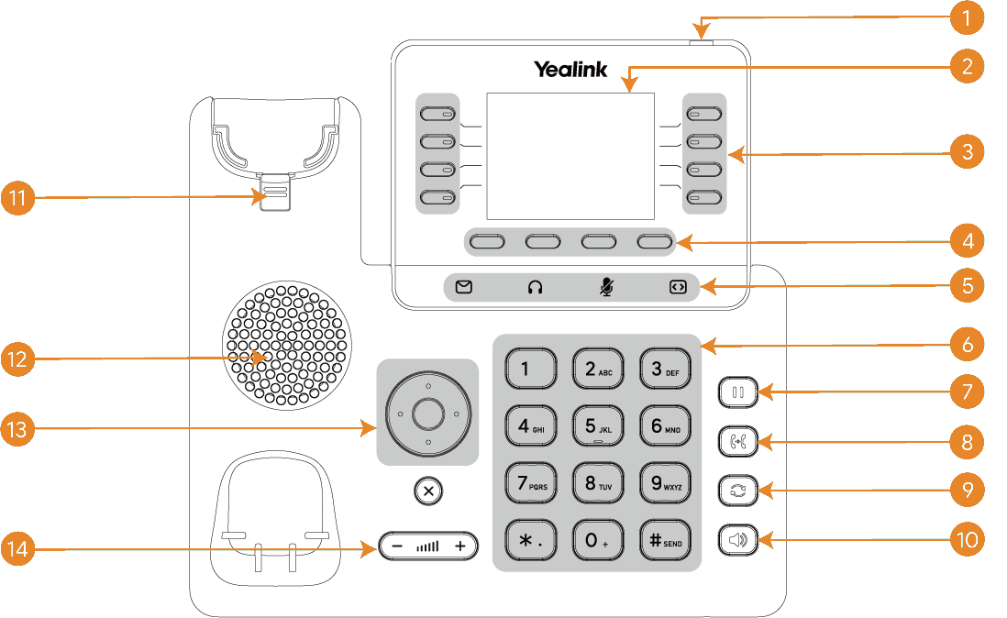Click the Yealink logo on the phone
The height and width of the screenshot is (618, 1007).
pos(570,69)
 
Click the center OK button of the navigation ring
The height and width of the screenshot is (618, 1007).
pos(427,414)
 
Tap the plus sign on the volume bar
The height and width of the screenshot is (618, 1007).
pos(460,546)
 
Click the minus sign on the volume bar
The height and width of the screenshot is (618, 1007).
pos(396,546)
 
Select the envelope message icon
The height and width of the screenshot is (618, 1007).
pos(464,287)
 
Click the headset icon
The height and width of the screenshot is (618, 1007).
pos(535,287)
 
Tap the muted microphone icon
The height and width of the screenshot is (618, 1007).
pos(605,287)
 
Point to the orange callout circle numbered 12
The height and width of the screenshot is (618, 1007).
pos(18,359)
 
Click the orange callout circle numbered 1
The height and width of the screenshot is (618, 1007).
pos(967,17)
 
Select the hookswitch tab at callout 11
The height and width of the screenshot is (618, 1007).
pos(274,195)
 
